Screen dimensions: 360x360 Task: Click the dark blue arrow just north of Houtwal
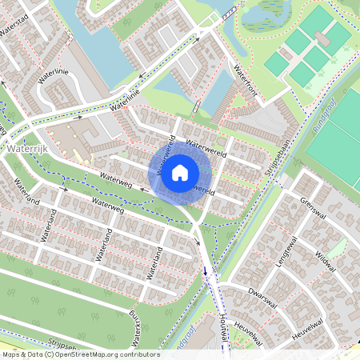coord(206,270)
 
